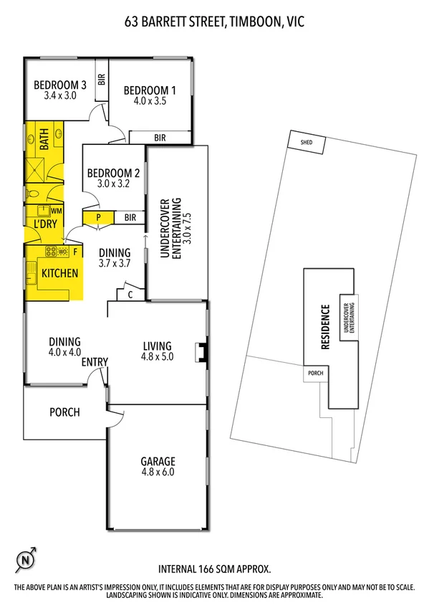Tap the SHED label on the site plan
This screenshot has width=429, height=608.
point(307,143)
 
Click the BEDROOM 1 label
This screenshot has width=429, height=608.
point(150,90)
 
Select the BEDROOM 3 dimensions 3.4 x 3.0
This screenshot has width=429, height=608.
point(60,95)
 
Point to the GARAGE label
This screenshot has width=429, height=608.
point(158,461)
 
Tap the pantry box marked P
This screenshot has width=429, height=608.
point(98,217)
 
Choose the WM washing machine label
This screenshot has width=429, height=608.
point(56,211)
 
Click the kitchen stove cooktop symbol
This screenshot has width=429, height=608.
point(51,252)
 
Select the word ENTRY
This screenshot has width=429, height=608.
point(95,362)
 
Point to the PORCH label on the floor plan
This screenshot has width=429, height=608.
point(64,412)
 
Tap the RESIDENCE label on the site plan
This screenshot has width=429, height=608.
point(324,327)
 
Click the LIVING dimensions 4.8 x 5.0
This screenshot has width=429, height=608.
point(158,356)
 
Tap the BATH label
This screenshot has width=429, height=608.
point(44,138)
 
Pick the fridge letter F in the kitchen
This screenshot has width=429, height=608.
point(74,252)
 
